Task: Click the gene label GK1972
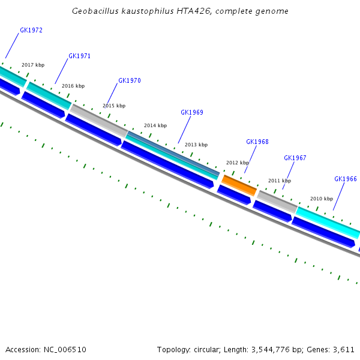click(x=31, y=30)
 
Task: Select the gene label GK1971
click(x=80, y=56)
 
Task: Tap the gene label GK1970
click(x=130, y=80)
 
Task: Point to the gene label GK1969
click(x=192, y=112)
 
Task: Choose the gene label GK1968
click(x=257, y=142)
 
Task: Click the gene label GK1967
click(x=295, y=158)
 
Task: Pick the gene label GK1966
click(x=346, y=179)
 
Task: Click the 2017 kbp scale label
click(x=33, y=65)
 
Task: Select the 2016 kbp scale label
click(x=73, y=86)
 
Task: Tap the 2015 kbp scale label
click(x=114, y=106)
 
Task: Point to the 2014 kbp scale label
click(x=155, y=125)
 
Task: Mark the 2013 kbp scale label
click(x=196, y=145)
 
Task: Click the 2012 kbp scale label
click(x=238, y=163)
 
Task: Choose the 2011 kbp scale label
click(x=280, y=181)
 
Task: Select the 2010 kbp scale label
click(x=322, y=199)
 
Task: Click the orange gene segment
click(x=239, y=184)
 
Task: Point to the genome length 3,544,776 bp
click(x=278, y=349)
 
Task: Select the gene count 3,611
click(x=344, y=349)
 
